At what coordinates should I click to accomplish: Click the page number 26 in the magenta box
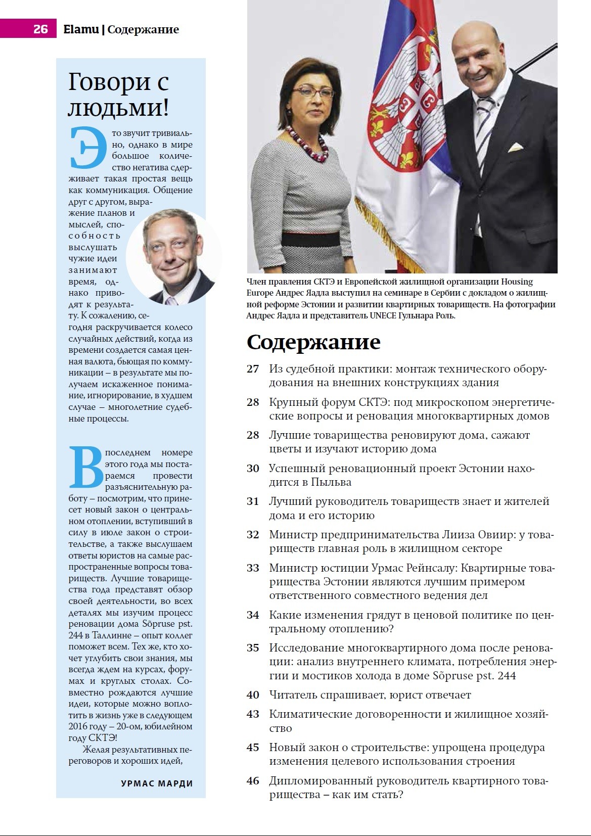[40, 29]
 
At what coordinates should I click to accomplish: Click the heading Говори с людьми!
[118, 95]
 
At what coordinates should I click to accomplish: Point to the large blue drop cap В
[85, 468]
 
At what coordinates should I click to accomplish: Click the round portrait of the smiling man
[173, 257]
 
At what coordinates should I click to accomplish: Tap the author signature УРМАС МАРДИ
[157, 783]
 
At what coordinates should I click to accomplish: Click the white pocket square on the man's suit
[515, 147]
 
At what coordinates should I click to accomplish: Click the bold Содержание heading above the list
[313, 342]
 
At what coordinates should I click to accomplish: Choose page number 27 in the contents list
[253, 369]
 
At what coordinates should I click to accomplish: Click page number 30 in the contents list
[253, 469]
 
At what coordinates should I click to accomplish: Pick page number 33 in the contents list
[253, 568]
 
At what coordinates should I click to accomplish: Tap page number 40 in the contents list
[253, 695]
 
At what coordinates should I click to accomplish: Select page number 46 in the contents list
[253, 781]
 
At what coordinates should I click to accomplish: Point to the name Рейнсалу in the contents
[433, 568]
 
